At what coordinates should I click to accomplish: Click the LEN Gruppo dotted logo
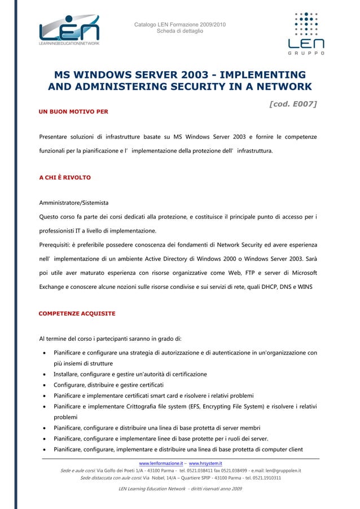[306, 32]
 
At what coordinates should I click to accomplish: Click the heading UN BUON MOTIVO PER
[73, 112]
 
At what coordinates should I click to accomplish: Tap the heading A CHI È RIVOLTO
[64, 178]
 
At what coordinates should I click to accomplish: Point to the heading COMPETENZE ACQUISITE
[77, 313]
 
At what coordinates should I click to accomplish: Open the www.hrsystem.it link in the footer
[205, 463]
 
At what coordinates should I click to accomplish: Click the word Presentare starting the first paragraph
[56, 137]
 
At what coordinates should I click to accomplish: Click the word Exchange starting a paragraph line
[55, 287]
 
